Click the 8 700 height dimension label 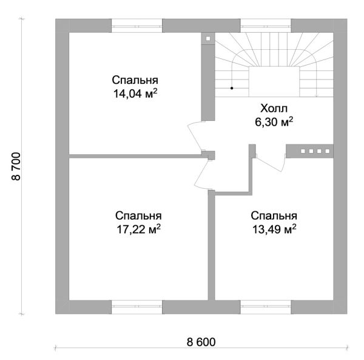[16, 166]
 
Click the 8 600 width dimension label [201, 342]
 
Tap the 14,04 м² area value [135, 93]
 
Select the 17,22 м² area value [138, 229]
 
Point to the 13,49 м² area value [274, 229]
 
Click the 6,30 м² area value [274, 122]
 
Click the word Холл [274, 109]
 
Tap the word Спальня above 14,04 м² [135, 80]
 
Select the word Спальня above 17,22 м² [138, 216]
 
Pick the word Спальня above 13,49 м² [274, 216]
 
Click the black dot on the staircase [232, 88]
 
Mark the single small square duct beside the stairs [208, 39]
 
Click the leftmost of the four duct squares [303, 151]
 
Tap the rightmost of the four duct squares [328, 151]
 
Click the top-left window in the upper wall [136, 25]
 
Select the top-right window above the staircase [266, 25]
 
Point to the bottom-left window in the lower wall [136, 307]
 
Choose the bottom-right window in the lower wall [266, 307]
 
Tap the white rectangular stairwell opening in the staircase [274, 81]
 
